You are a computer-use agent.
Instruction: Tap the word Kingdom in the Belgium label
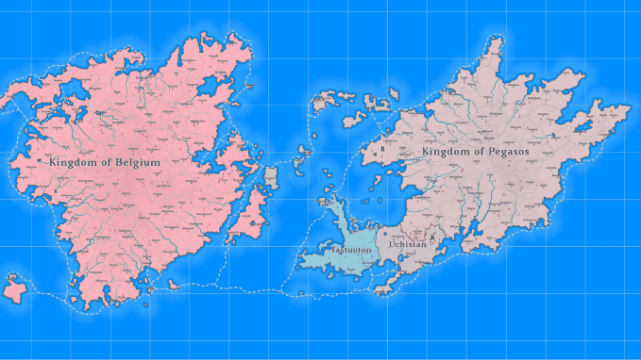point(73,162)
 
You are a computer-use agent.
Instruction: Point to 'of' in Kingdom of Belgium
point(107,162)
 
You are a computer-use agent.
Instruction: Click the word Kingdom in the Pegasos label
point(447,152)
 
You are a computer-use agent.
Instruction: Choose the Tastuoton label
point(352,248)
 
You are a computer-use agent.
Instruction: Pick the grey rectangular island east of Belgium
point(270,178)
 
